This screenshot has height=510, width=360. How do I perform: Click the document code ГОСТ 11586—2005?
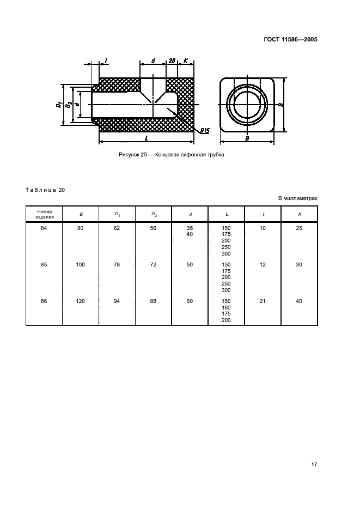click(290, 40)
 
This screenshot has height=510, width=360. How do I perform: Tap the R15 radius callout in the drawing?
click(205, 131)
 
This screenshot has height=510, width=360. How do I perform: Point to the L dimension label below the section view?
click(147, 138)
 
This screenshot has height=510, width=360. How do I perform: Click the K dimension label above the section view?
click(185, 60)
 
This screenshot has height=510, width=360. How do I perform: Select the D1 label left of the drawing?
click(59, 105)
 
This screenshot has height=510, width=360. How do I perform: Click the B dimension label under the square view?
click(247, 138)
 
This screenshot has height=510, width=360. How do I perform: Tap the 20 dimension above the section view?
click(172, 60)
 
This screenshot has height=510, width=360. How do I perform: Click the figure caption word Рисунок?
click(129, 155)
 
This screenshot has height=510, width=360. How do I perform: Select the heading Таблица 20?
click(45, 190)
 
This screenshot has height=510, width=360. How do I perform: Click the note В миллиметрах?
click(298, 198)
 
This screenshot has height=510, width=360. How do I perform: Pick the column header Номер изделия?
click(44, 214)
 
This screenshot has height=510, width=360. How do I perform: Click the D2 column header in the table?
click(154, 214)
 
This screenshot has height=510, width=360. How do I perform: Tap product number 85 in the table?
click(44, 265)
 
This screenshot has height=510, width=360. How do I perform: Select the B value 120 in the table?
click(80, 301)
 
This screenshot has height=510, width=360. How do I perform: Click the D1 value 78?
click(117, 265)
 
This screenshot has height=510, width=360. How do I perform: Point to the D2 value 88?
click(153, 301)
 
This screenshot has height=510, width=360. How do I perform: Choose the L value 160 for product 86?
click(226, 308)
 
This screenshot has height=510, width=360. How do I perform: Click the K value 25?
click(299, 228)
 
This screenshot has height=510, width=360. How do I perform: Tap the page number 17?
click(314, 464)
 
